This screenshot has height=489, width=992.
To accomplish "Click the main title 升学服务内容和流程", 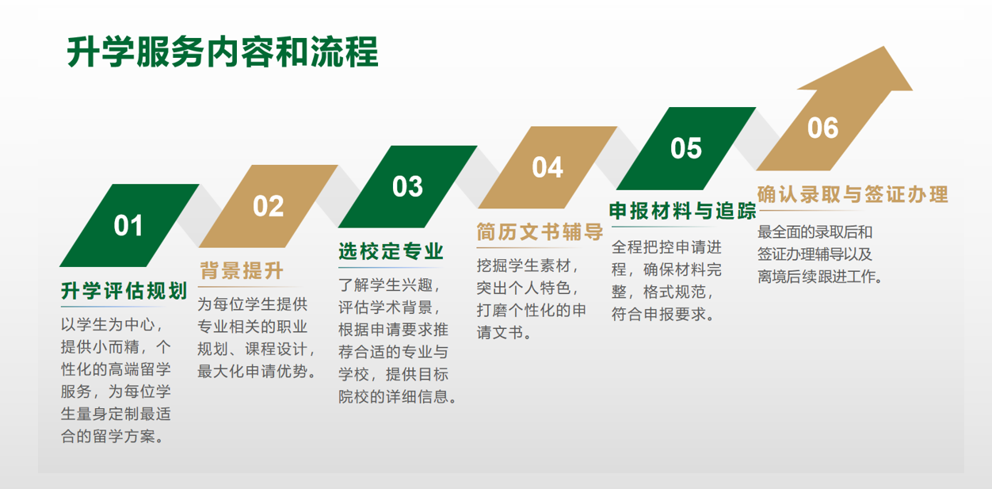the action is pyautogui.click(x=223, y=52).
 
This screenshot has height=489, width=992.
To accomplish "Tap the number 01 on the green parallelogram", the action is pyautogui.click(x=128, y=225).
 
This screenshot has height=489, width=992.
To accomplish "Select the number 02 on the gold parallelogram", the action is pyautogui.click(x=268, y=206).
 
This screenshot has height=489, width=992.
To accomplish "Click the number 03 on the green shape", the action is pyautogui.click(x=407, y=186).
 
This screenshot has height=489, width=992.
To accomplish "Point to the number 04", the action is pyautogui.click(x=548, y=167).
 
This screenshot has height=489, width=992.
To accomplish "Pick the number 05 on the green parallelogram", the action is pyautogui.click(x=686, y=148).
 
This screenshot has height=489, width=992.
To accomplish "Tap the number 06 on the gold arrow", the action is pyautogui.click(x=822, y=128).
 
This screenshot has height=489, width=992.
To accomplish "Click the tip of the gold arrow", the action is pyautogui.click(x=884, y=47).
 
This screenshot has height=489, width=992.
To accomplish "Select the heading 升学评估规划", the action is pyautogui.click(x=124, y=291).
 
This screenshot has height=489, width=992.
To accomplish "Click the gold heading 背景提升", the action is pyautogui.click(x=242, y=270).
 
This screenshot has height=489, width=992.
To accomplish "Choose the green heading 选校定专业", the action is pyautogui.click(x=391, y=251).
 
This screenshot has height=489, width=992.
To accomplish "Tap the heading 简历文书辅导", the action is pyautogui.click(x=540, y=231).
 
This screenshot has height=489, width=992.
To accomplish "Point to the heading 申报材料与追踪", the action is pyautogui.click(x=682, y=211).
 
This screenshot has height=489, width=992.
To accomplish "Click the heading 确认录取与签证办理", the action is pyautogui.click(x=853, y=194).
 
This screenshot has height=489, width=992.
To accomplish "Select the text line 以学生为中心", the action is pyautogui.click(x=113, y=325).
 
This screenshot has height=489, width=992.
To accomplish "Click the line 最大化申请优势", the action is pyautogui.click(x=258, y=371).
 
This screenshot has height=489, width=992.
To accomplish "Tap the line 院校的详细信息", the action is pyautogui.click(x=398, y=396).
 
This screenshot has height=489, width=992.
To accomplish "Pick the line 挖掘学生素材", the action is pyautogui.click(x=528, y=266).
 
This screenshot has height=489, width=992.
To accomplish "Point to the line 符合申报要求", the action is pyautogui.click(x=663, y=314).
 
